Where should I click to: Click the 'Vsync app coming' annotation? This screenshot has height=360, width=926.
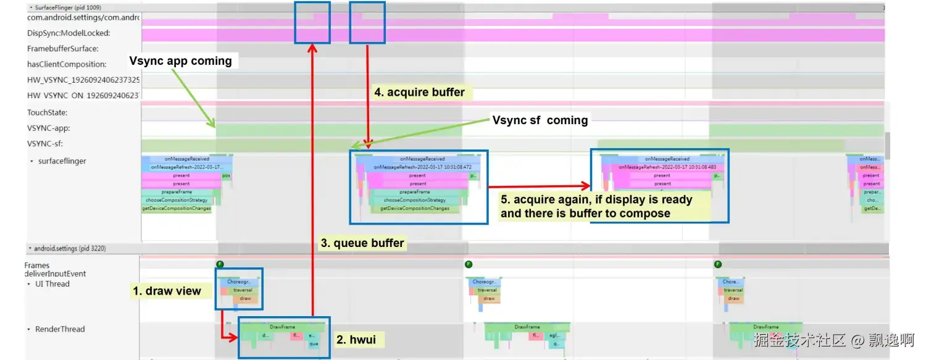coord(180,61)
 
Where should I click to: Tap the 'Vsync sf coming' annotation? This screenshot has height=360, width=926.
coord(540,120)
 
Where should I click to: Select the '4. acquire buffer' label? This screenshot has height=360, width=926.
coord(419,93)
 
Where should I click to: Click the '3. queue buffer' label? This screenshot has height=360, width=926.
coord(362,243)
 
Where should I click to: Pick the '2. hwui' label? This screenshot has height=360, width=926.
coord(356,340)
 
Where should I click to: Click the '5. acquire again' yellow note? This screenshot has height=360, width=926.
coord(596,207)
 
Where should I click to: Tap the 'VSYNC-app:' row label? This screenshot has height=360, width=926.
coord(48,128)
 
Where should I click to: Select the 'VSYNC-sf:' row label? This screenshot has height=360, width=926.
coord(45,144)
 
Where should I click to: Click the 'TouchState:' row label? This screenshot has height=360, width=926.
coord(47,112)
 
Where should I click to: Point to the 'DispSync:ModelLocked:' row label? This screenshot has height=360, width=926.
coord(69,33)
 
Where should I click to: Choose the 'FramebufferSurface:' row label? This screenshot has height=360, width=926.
coord(62,49)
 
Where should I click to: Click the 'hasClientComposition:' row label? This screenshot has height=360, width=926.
coord(67,64)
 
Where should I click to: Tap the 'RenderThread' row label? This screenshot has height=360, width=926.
coord(60,329)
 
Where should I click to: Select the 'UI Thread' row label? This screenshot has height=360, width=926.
coord(52,284)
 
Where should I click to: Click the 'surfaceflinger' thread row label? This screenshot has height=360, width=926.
coord(62,161)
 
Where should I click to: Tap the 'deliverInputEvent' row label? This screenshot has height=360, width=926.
coord(55,274)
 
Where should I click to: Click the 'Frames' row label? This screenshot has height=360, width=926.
coord(37,266)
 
